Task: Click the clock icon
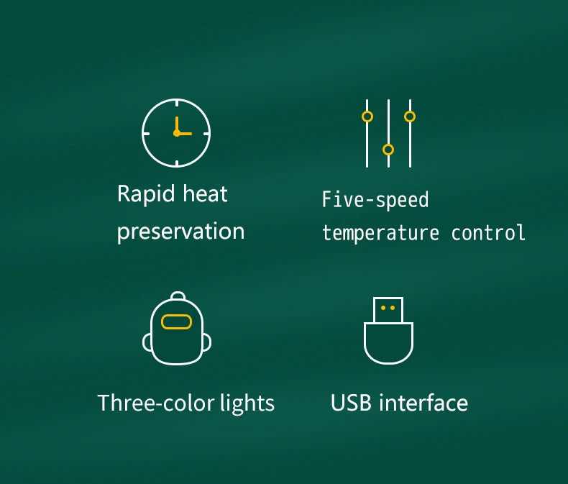tap(176, 133)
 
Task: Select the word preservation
tap(180, 232)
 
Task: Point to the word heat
tap(206, 193)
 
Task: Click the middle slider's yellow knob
tap(388, 150)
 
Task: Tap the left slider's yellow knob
tap(367, 117)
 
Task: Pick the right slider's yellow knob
tap(410, 116)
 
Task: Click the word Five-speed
tap(375, 199)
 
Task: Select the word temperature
tap(380, 233)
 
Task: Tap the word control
tap(488, 233)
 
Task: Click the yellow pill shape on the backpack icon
tap(177, 321)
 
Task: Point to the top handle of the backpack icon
tap(178, 296)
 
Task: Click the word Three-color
tap(155, 403)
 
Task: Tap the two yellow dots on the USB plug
tap(388, 308)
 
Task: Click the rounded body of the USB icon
tap(388, 344)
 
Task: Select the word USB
tap(352, 403)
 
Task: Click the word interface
tap(423, 403)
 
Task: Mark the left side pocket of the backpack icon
tap(148, 343)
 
